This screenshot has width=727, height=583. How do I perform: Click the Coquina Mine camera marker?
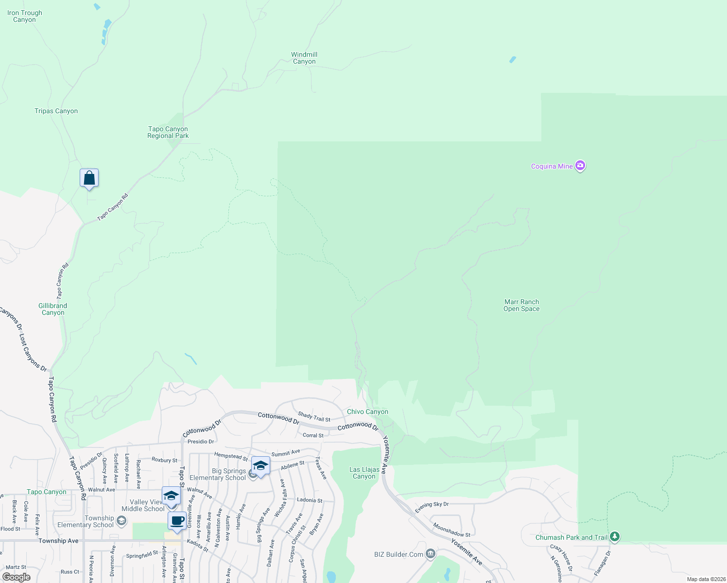[580, 166]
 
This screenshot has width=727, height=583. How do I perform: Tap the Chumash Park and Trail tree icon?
[615, 537]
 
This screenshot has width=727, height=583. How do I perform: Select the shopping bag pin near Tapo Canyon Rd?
[89, 178]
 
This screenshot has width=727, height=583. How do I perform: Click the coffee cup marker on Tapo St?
[177, 521]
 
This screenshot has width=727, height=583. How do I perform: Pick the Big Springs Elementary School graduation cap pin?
[260, 466]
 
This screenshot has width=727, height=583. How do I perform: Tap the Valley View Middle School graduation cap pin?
[171, 496]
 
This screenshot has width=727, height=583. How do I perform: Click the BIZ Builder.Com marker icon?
[430, 554]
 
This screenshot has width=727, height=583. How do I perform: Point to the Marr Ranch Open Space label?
[521, 305]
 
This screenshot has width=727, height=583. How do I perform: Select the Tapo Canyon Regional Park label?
[168, 132]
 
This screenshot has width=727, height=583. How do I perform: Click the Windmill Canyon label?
[304, 58]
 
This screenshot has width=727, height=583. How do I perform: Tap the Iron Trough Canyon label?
[25, 16]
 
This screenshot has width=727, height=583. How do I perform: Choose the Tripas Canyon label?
[56, 111]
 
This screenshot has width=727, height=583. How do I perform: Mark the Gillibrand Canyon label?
[53, 309]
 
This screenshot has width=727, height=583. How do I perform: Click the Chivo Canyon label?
[367, 412]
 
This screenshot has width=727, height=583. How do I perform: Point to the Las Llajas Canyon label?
[364, 473]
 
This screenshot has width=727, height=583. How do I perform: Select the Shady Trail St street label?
[314, 417]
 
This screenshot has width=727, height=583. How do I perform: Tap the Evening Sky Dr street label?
[432, 507]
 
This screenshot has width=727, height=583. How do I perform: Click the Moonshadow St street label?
[451, 530]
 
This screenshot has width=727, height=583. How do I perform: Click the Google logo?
[16, 577]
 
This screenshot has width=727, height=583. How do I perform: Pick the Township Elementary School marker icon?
[121, 521]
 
